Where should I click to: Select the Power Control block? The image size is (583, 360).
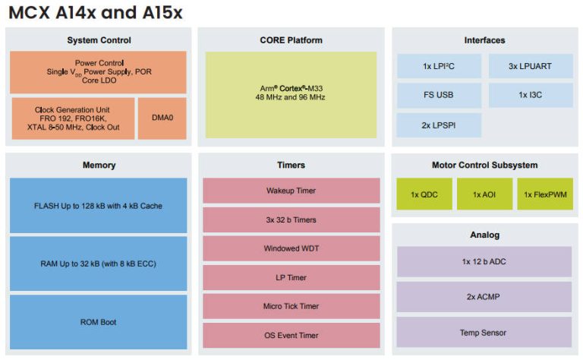tap(99, 72)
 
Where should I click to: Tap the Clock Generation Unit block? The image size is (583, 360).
tap(73, 118)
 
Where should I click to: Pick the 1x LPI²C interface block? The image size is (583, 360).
tap(439, 66)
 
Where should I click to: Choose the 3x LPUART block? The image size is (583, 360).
tap(531, 66)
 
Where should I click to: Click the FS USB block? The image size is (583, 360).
tap(439, 96)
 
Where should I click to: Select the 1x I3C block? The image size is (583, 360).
tap(531, 96)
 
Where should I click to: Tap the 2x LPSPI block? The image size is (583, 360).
tap(439, 125)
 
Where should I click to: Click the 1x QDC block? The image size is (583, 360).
tap(424, 194)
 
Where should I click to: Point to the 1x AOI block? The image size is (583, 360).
tap(484, 194)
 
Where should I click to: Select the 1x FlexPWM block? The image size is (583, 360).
tap(545, 194)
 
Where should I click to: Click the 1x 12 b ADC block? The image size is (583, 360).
tap(484, 261)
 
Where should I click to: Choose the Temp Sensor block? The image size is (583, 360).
tap(484, 333)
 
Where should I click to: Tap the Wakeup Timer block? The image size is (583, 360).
tap(291, 191)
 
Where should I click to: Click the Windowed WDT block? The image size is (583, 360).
tap(291, 248)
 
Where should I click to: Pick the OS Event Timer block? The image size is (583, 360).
tap(291, 335)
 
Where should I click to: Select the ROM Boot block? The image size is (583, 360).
tap(99, 322)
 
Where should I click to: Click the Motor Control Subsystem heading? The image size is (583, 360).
tap(484, 165)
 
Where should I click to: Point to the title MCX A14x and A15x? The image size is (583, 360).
tap(96, 13)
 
